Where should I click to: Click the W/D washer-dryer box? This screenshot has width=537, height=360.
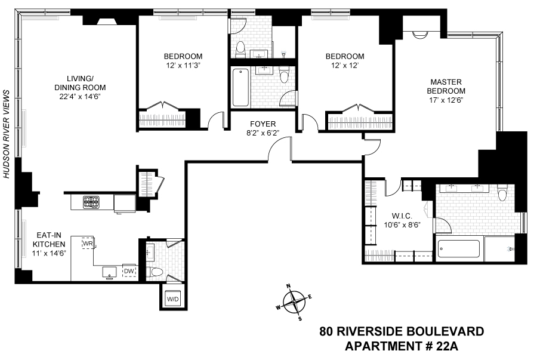[x=172, y=299]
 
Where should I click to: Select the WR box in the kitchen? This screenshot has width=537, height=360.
[x=88, y=244]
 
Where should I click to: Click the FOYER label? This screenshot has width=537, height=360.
[x=262, y=124]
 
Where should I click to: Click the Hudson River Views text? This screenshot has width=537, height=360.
[x=8, y=134]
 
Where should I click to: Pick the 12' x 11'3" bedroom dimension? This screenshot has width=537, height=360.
[x=183, y=66]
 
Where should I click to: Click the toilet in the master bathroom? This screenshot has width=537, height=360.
[x=502, y=194]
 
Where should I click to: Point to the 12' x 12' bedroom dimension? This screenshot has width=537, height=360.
[x=344, y=66]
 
